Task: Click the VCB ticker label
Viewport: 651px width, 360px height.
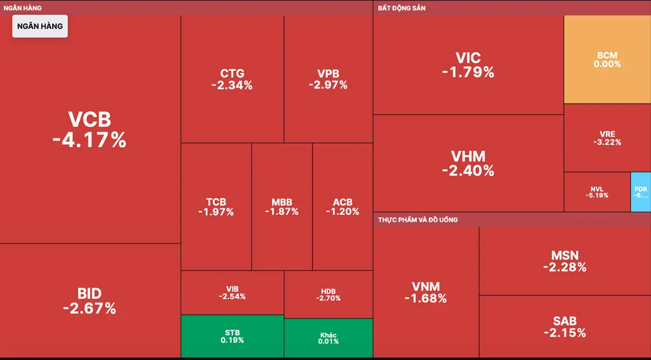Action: pyautogui.click(x=90, y=120)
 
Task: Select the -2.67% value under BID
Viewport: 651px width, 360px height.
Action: pyautogui.click(x=90, y=309)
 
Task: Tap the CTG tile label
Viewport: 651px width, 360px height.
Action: pyautogui.click(x=232, y=74)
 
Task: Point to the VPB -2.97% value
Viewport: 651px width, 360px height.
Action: pyautogui.click(x=328, y=85)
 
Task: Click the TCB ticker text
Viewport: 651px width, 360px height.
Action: pyautogui.click(x=216, y=202)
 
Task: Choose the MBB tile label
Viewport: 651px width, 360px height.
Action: pyautogui.click(x=282, y=202)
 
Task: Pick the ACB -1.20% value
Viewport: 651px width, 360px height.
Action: pyautogui.click(x=342, y=212)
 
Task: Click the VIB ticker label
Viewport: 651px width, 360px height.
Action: pyautogui.click(x=232, y=288)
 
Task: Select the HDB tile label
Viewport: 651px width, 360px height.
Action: pyautogui.click(x=328, y=290)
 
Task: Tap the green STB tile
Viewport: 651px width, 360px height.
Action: pyautogui.click(x=232, y=336)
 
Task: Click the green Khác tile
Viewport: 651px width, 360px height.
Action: pyautogui.click(x=328, y=338)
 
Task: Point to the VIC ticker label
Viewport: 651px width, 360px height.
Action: pyautogui.click(x=468, y=57)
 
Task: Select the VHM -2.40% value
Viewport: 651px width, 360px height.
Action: pyautogui.click(x=468, y=171)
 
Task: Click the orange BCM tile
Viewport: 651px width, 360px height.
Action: pyautogui.click(x=607, y=59)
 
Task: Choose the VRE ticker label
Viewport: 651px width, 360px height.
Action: pyautogui.click(x=607, y=134)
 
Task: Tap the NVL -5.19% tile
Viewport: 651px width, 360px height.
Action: pyautogui.click(x=597, y=192)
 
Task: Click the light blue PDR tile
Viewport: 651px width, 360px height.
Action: pyautogui.click(x=641, y=192)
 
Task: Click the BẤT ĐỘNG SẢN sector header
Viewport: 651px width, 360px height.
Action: pyautogui.click(x=402, y=8)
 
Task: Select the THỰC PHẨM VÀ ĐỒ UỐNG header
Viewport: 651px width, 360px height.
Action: pyautogui.click(x=418, y=219)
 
